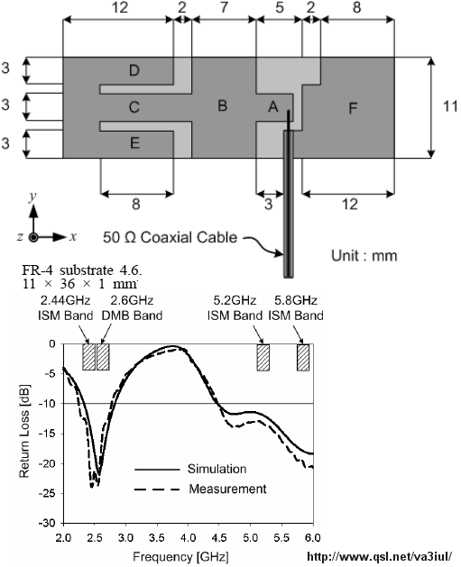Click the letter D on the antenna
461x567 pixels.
134,70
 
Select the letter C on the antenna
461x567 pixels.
134,107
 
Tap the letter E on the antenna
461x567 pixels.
135,143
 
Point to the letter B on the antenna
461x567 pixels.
223,105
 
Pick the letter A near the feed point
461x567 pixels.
273,107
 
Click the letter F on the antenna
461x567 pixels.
353,108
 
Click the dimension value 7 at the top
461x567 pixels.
224,7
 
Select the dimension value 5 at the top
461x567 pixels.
280,7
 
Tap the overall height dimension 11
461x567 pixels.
450,106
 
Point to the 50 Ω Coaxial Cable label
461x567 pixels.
171,238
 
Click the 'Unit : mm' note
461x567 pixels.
364,255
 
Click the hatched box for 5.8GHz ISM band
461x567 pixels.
303,358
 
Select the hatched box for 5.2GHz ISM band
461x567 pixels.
263,358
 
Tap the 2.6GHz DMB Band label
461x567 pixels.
132,308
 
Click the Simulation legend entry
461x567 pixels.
190,469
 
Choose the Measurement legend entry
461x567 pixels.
200,489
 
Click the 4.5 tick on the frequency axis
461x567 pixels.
219,538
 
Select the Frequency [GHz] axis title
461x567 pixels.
180,556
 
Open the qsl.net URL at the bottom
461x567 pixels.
380,556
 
